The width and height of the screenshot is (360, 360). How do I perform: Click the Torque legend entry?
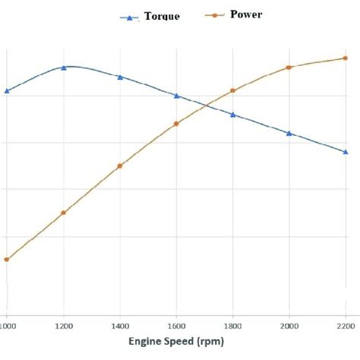152,17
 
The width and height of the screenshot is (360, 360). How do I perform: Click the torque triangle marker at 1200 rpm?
64,68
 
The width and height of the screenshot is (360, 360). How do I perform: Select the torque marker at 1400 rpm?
120,77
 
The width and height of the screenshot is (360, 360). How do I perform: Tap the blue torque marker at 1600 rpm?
176,96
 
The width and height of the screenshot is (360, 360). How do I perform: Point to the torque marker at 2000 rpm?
289,133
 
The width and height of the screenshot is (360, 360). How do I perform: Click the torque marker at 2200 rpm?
346,152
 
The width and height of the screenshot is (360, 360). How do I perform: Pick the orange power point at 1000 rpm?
7,260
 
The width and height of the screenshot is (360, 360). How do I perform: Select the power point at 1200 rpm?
64,213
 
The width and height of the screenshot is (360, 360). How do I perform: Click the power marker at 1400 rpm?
120,166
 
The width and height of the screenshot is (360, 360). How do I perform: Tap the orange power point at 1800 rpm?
232,91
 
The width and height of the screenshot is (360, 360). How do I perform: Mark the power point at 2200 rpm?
346,58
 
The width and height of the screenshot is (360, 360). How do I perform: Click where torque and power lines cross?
207,106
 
